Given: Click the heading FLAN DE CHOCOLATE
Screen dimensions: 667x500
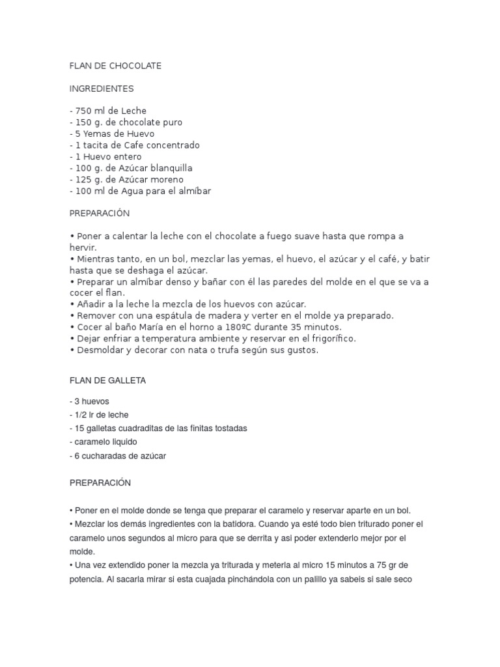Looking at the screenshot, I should pyautogui.click(x=115, y=66).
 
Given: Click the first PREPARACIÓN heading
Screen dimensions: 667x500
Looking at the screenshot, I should pyautogui.click(x=100, y=214).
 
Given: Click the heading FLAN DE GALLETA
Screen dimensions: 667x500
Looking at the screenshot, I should pyautogui.click(x=107, y=381).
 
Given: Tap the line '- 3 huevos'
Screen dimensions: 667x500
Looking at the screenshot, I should pyautogui.click(x=91, y=401).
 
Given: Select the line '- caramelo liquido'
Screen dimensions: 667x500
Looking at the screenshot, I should pyautogui.click(x=103, y=442).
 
